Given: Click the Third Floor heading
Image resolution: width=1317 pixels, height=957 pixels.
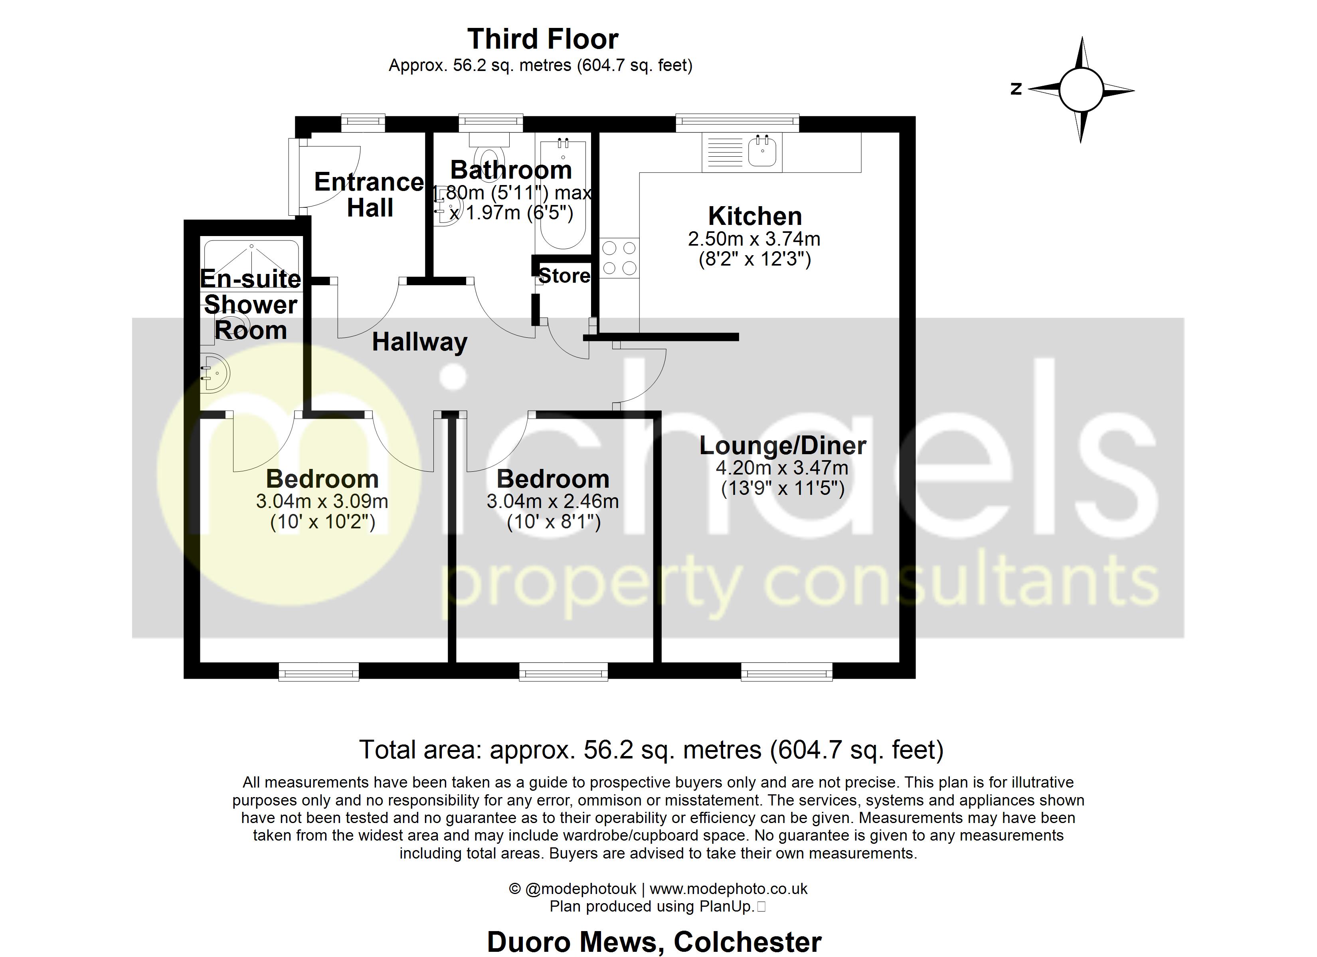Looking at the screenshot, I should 542,39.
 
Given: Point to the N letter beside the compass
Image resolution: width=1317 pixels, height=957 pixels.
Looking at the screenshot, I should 1016,89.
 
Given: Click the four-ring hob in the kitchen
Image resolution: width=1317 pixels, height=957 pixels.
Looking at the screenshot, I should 619,258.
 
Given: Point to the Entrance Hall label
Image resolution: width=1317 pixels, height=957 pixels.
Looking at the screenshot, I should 369,195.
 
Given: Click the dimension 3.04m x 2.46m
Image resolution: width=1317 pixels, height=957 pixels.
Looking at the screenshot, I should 552,501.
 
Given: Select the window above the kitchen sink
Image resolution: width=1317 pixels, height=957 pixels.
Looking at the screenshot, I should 737,122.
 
